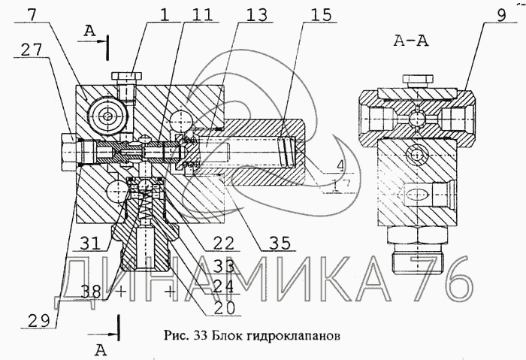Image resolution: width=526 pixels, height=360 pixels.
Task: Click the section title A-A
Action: (411, 42)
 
